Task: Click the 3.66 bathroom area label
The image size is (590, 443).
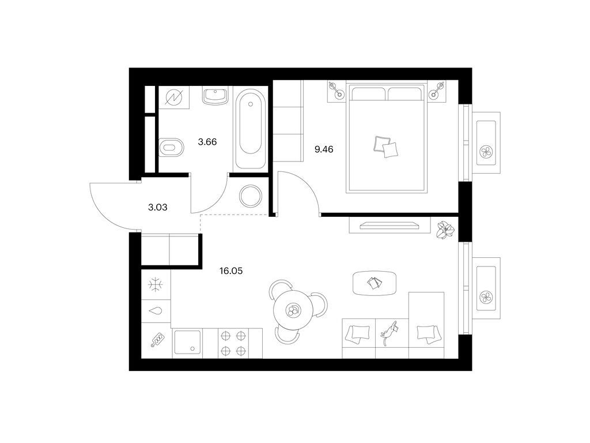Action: tap(207, 142)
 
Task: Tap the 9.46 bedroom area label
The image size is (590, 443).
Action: tap(324, 149)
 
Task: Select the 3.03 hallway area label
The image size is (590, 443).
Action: tap(158, 207)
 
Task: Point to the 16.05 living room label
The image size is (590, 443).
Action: tap(231, 271)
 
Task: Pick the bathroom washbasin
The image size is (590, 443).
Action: tap(215, 96)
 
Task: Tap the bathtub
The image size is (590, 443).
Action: tap(250, 128)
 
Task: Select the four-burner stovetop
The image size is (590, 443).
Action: tap(233, 343)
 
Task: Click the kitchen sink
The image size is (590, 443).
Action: tap(187, 343)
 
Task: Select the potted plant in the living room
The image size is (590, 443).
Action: tap(445, 230)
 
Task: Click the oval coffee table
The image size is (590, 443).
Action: tap(375, 283)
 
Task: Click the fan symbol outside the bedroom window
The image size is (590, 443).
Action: tap(486, 152)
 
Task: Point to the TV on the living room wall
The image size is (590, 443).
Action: tap(389, 226)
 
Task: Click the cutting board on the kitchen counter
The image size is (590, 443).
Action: tap(158, 339)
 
